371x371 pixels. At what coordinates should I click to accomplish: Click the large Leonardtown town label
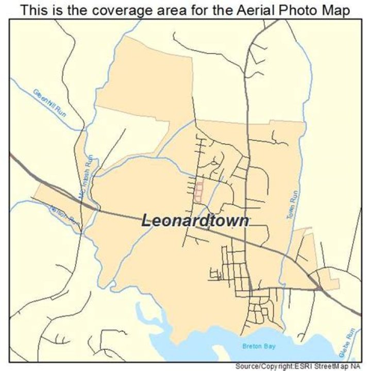pos(196,221)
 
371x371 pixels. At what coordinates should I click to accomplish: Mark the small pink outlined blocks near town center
pos(198,190)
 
